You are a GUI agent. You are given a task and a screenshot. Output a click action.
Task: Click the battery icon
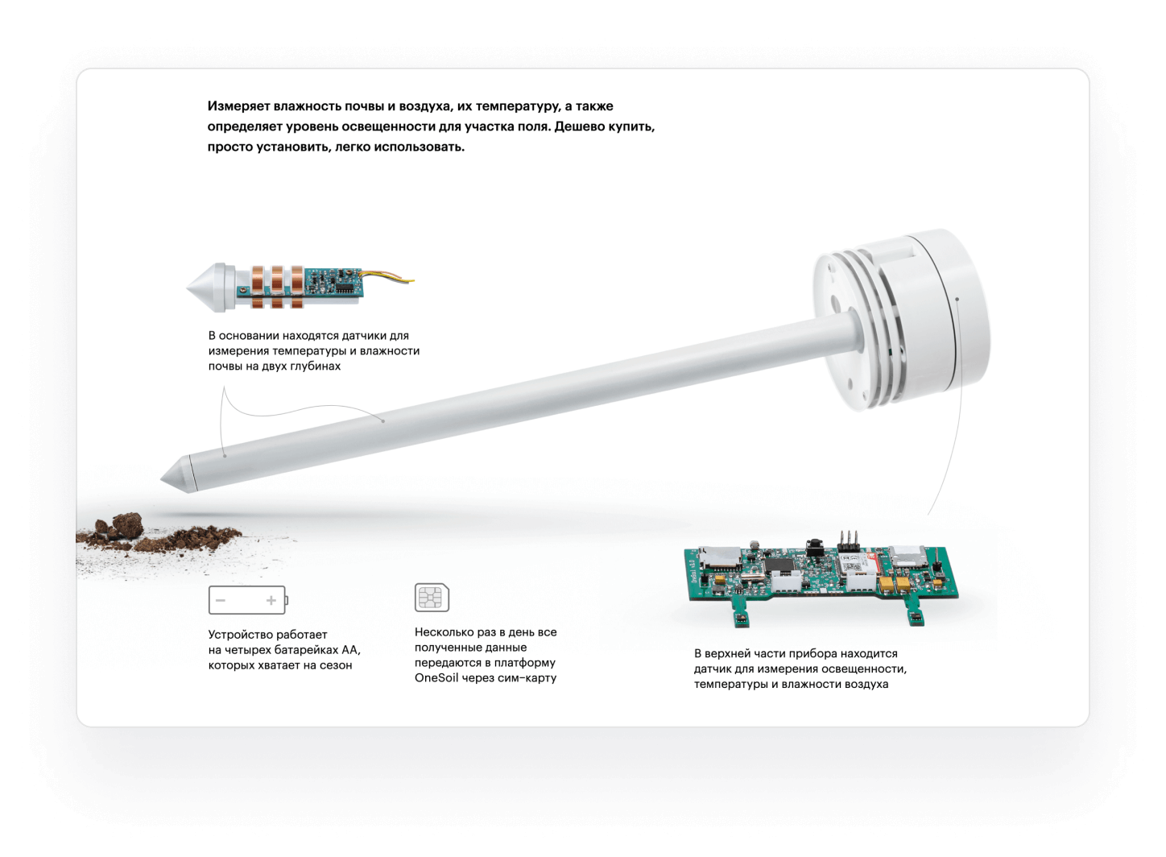[x=247, y=600]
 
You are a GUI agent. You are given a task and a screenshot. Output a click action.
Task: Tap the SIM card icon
[x=432, y=598]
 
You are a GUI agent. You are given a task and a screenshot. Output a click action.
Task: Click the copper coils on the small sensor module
[x=276, y=286]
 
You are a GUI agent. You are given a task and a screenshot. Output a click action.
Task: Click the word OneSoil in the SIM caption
[x=436, y=677]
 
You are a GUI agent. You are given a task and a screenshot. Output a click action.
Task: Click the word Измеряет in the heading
[x=238, y=106]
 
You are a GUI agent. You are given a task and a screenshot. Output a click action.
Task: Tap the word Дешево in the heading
[x=581, y=126]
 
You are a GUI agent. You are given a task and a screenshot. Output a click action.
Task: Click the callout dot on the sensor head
[x=957, y=299]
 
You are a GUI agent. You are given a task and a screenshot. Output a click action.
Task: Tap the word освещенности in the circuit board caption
[x=870, y=669]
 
